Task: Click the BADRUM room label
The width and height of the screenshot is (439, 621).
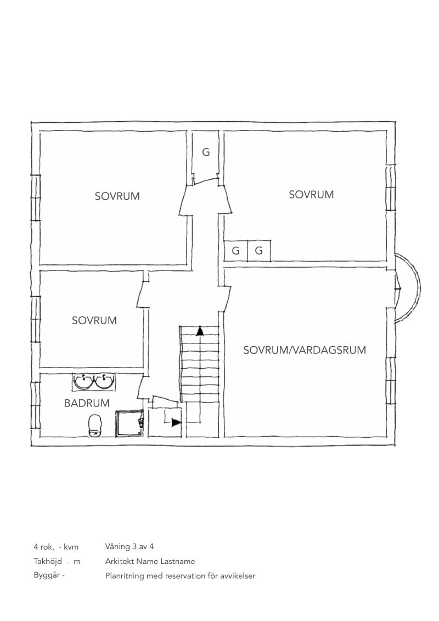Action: point(87,403)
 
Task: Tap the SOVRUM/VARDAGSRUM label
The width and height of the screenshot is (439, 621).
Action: point(305,350)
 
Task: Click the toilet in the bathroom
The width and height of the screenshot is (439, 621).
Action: point(95,426)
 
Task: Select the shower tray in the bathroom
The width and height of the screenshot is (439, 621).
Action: point(130,424)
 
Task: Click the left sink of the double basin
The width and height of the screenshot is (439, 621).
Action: point(83,381)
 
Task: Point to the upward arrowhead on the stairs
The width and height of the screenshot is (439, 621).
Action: point(200,331)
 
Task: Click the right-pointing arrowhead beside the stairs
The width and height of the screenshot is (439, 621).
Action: point(176,422)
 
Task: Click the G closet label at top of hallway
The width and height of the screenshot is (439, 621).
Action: point(206,152)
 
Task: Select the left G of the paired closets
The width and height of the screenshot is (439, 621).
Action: point(236,251)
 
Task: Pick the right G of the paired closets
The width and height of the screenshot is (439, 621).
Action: point(258,251)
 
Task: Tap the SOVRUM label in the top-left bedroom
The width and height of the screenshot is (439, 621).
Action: point(117,196)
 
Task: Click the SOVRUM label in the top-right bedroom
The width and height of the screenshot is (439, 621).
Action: point(312,194)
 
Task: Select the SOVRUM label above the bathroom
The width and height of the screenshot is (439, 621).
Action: point(94,320)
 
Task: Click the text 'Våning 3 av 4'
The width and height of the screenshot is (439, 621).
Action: point(130,546)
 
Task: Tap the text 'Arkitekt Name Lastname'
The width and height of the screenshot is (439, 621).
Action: point(150,561)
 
